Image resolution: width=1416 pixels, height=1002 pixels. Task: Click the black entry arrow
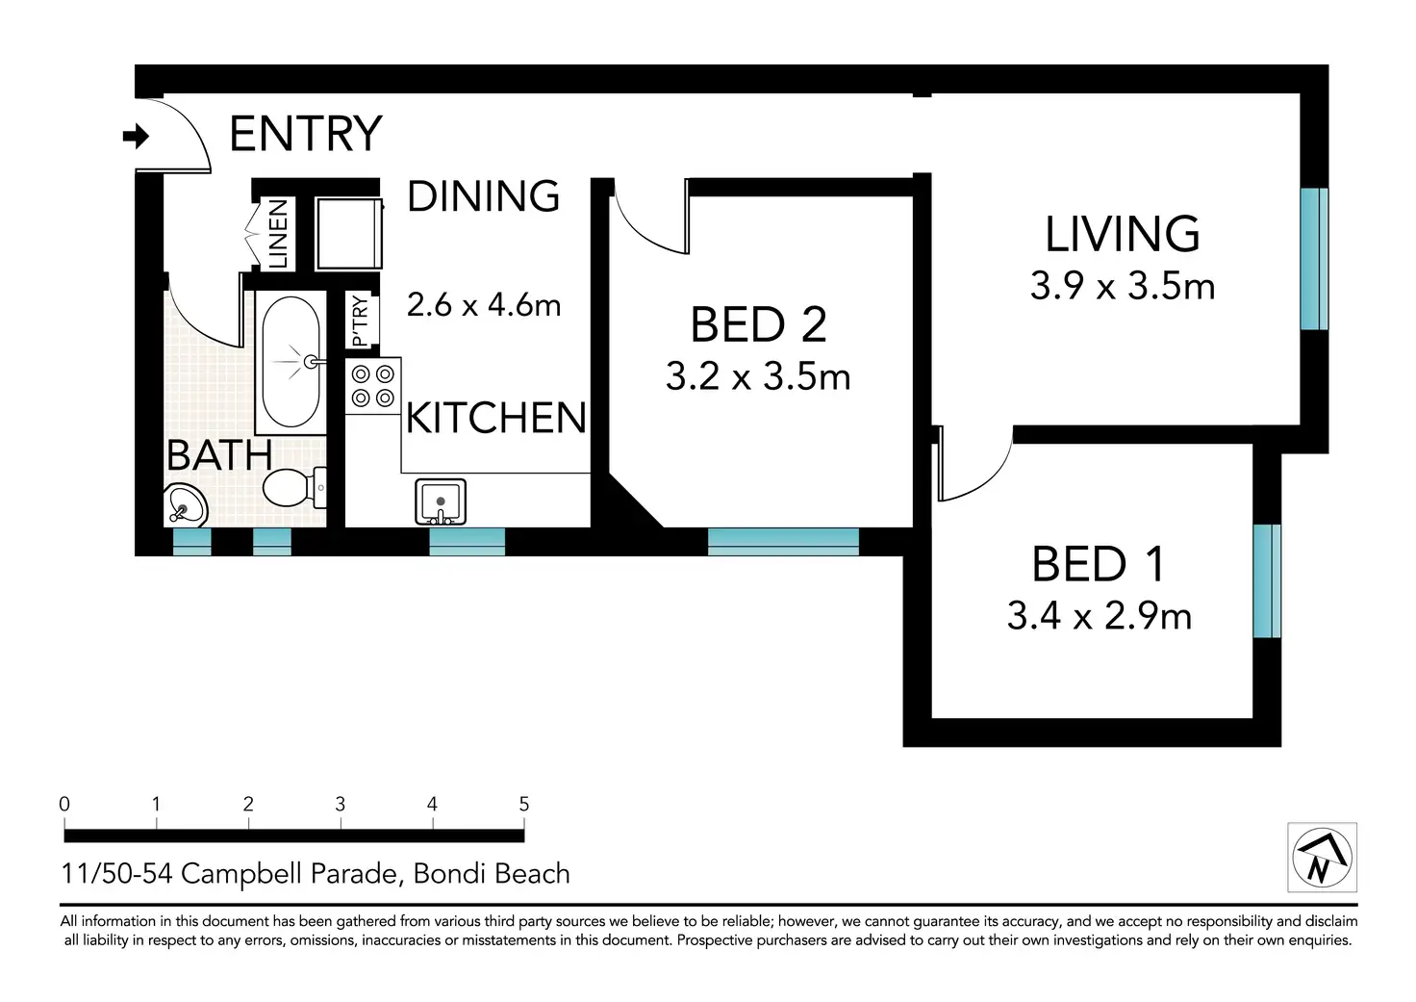(136, 136)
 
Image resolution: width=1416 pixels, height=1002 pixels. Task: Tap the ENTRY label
(306, 134)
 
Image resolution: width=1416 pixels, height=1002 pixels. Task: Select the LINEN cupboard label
(278, 234)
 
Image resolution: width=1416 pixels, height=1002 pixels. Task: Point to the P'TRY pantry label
(360, 321)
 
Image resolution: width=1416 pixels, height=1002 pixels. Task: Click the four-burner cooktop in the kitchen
(373, 386)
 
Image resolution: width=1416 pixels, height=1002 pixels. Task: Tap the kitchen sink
(441, 501)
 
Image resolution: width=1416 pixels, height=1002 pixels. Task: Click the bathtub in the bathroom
(291, 362)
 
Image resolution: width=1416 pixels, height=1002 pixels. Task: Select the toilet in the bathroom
(294, 487)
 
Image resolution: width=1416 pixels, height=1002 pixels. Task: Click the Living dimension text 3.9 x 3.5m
(1123, 286)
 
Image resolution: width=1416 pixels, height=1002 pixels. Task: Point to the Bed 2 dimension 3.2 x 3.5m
(758, 376)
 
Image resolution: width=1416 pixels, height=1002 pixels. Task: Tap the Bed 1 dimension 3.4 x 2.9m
(1100, 615)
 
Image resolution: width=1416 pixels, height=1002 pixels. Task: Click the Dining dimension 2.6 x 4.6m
(484, 305)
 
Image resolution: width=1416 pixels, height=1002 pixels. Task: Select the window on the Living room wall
(1314, 259)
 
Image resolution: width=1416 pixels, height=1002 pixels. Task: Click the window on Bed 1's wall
(1267, 580)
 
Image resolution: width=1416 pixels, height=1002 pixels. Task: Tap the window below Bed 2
(783, 542)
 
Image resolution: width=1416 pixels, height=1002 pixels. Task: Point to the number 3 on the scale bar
(341, 804)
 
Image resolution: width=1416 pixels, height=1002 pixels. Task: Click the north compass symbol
(1323, 858)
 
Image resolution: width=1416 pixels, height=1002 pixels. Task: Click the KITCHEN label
(496, 418)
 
